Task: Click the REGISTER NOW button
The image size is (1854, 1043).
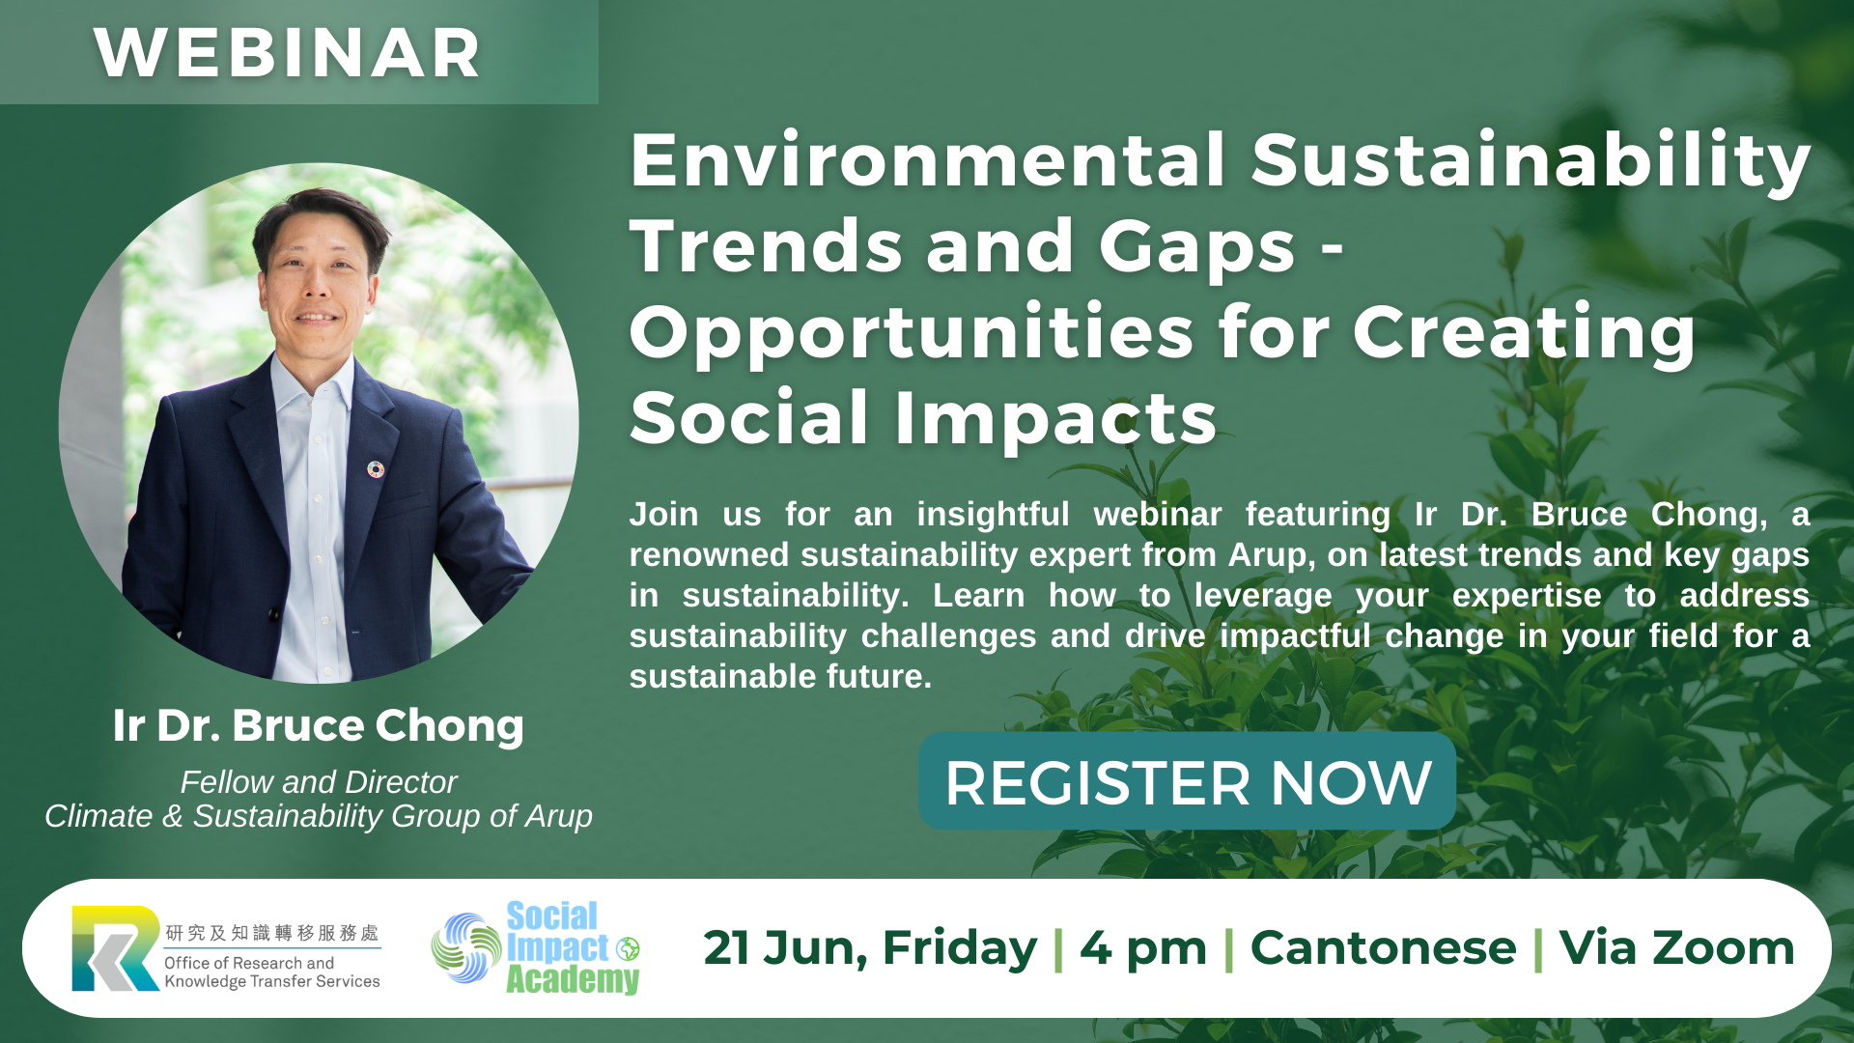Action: coord(1187,781)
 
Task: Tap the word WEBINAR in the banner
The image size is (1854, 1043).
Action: coord(288,53)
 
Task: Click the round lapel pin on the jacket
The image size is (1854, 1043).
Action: coord(376,469)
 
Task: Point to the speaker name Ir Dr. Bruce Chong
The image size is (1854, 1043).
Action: coord(318,725)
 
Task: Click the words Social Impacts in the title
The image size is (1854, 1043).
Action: coord(923,418)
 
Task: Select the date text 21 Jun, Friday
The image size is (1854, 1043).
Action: coord(870,948)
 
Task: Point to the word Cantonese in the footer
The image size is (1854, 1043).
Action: coord(1383,948)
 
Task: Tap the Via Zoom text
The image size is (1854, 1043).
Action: coord(1676,948)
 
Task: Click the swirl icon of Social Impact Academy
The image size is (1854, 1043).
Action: coord(466,948)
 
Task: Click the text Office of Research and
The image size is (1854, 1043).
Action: coord(249,963)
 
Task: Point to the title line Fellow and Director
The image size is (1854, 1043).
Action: coord(319,782)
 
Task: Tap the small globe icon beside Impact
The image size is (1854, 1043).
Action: coord(629,949)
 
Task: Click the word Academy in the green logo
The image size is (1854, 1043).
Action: coord(573,980)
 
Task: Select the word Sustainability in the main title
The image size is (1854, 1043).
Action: coord(1531,162)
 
